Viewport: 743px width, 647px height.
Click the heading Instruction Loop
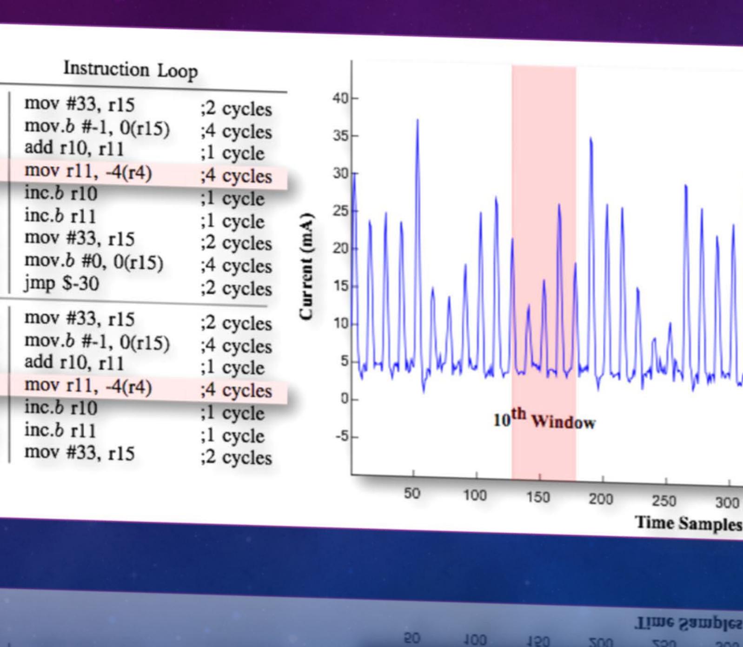click(x=131, y=70)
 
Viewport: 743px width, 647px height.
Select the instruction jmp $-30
click(x=61, y=283)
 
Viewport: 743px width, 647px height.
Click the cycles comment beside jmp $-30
click(x=236, y=288)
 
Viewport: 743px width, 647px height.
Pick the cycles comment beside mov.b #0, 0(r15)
click(x=236, y=265)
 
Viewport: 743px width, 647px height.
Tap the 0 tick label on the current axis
click(x=344, y=399)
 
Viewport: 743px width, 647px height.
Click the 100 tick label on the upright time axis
click(x=474, y=496)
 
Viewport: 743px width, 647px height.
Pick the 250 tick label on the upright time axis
click(x=663, y=501)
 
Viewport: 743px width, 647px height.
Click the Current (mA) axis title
click(x=306, y=266)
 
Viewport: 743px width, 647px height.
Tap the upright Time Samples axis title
click(x=688, y=523)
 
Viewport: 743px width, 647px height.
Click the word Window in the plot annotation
click(x=563, y=423)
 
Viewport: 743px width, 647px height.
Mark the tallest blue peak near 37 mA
click(x=417, y=120)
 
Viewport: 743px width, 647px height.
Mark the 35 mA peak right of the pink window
click(x=590, y=139)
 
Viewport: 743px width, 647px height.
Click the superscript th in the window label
click(x=518, y=413)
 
